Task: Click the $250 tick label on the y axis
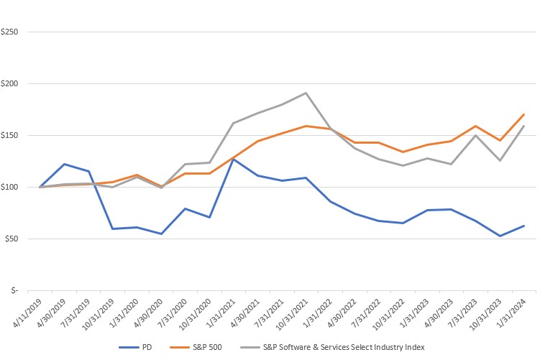click(9, 32)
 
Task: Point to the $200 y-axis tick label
click(9, 84)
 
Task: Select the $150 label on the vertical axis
click(9, 136)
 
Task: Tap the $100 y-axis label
click(9, 188)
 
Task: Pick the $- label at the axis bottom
click(14, 291)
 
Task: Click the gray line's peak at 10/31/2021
click(306, 93)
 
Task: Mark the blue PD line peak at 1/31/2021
click(233, 159)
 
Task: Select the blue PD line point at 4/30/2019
click(64, 164)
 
